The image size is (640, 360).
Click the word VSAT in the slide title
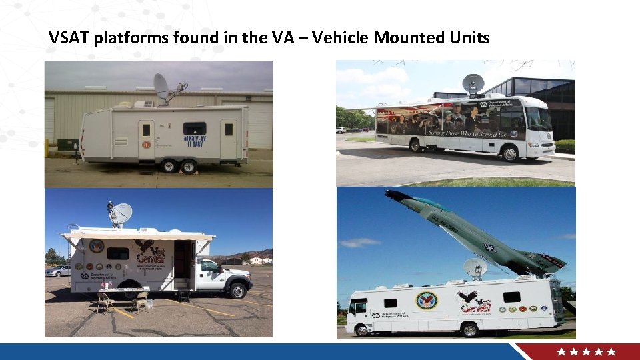(x=69, y=38)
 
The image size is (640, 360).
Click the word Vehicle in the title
(x=341, y=38)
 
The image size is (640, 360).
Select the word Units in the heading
(x=469, y=38)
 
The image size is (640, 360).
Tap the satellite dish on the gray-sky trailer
(x=162, y=86)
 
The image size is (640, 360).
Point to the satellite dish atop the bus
(x=473, y=84)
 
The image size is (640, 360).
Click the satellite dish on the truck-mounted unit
(x=121, y=214)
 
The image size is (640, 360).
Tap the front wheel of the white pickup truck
(x=237, y=291)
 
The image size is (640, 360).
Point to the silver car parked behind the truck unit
(x=57, y=271)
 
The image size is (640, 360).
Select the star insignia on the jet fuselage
(x=491, y=247)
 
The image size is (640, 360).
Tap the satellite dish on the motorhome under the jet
(x=475, y=267)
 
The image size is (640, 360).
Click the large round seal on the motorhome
(x=427, y=300)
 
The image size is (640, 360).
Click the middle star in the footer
(x=587, y=351)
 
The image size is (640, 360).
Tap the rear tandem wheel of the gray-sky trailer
(x=189, y=166)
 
